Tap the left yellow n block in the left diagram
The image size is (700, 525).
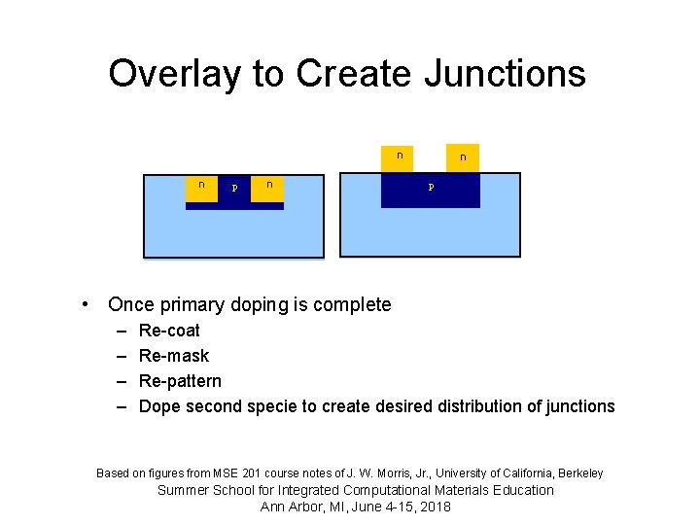[x=201, y=188]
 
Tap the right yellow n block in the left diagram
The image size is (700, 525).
[x=267, y=188]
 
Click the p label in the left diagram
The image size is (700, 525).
[x=233, y=188]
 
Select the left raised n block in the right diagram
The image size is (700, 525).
[x=399, y=158]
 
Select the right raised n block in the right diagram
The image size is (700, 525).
[x=463, y=158]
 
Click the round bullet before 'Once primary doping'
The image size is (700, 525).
[x=87, y=305]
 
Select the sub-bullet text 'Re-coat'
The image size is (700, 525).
[x=169, y=331]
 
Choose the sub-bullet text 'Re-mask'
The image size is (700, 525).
[x=173, y=356]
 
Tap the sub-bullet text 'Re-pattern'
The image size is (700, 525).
[x=180, y=381]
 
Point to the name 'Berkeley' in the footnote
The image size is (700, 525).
[x=579, y=473]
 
